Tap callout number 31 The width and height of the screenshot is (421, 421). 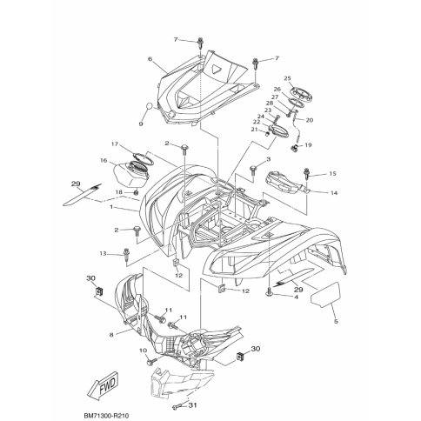(192, 404)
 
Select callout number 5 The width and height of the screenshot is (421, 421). (336, 321)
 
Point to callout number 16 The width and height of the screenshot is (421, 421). (104, 160)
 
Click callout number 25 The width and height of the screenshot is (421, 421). (287, 78)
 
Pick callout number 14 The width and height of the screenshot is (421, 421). (334, 193)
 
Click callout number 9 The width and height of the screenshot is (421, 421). (141, 124)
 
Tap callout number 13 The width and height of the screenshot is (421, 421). (104, 254)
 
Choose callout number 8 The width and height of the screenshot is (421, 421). (111, 335)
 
